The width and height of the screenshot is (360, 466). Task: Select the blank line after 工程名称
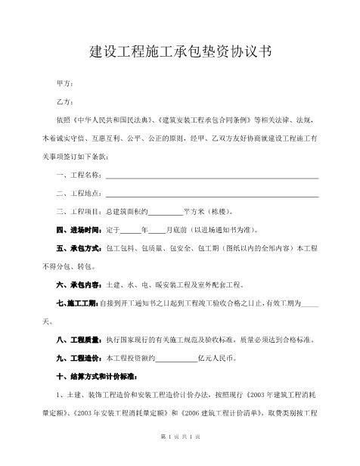(x=212, y=176)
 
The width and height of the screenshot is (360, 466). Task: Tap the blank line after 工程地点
(x=212, y=194)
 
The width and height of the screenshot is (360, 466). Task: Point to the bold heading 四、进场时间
(x=79, y=230)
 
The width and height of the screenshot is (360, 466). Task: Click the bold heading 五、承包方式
(x=79, y=248)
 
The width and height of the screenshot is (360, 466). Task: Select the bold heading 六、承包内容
(x=79, y=284)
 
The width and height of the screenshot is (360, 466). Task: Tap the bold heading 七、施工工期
(x=78, y=303)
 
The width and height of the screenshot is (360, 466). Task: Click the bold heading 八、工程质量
(x=79, y=339)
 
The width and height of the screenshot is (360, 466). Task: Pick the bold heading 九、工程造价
(x=79, y=357)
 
